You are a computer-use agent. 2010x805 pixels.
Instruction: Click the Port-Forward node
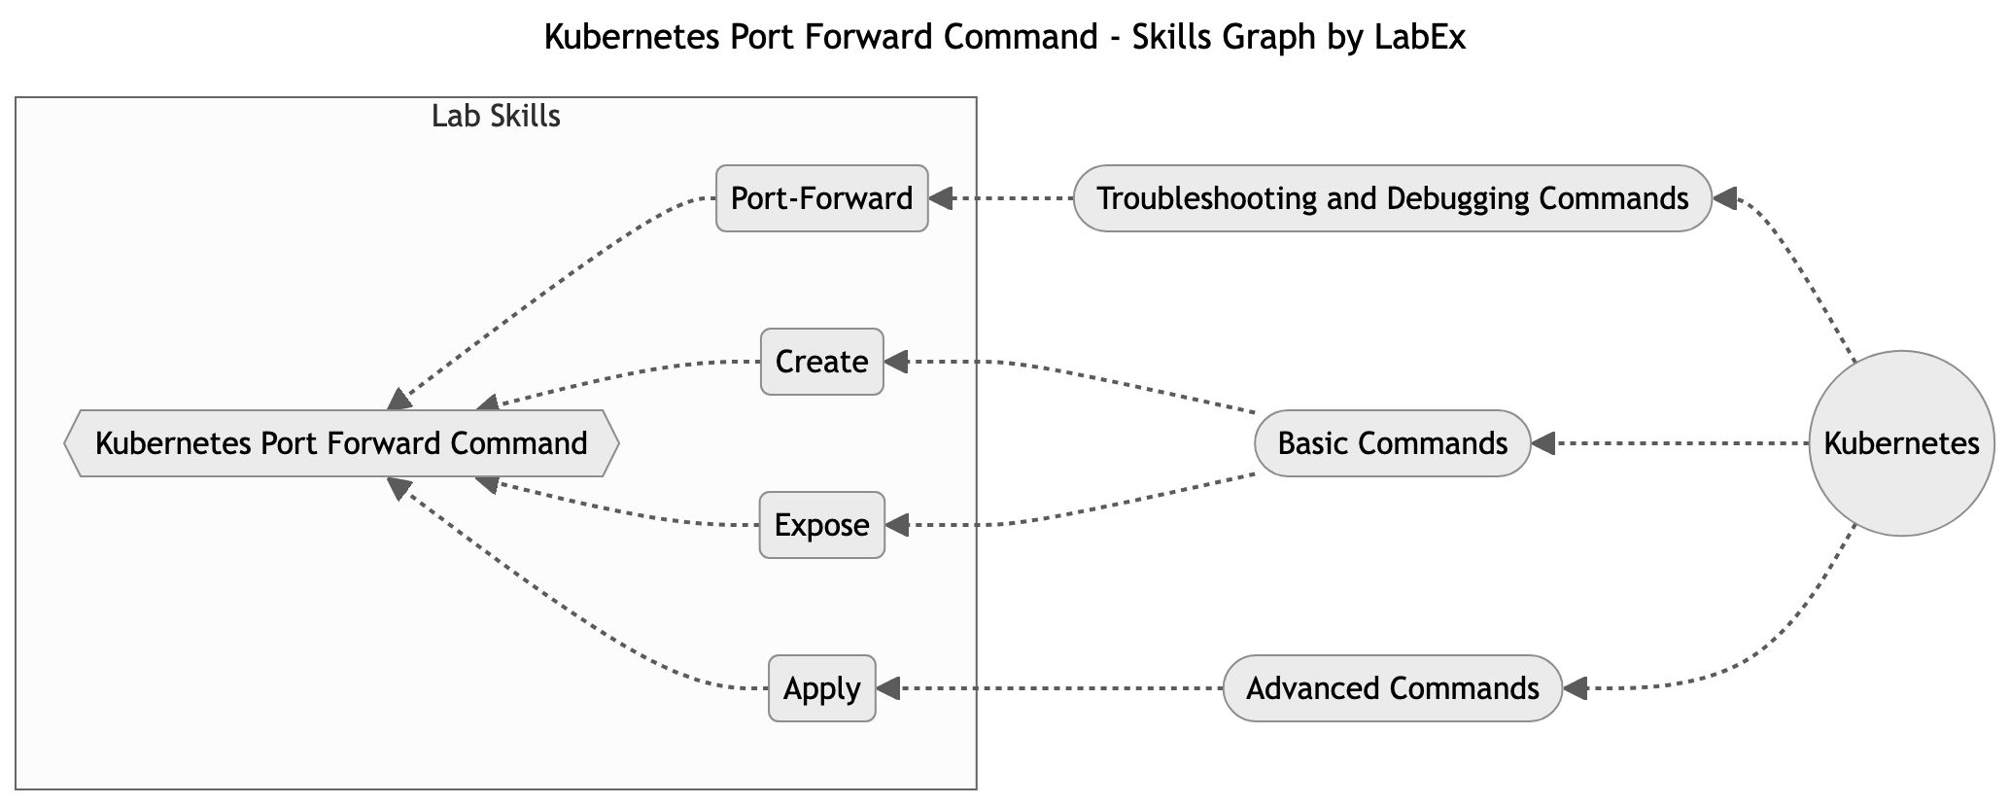click(821, 198)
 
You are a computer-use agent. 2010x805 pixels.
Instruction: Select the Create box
click(821, 362)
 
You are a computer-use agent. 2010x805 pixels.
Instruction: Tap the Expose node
click(821, 525)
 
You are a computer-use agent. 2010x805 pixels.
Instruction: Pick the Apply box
click(821, 688)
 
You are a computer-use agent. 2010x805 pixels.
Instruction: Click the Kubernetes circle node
click(1901, 443)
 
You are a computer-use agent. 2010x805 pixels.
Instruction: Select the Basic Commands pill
click(1392, 443)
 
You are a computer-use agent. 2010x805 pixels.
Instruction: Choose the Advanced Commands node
click(1392, 688)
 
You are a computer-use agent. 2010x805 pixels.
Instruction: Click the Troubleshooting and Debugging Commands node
click(1392, 198)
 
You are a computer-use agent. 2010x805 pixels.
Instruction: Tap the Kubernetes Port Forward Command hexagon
click(341, 443)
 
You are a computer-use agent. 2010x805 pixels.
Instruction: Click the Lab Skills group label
click(496, 117)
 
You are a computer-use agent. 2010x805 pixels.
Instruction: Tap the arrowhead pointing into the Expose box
click(897, 525)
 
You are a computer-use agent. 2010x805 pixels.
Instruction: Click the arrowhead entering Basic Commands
click(1543, 443)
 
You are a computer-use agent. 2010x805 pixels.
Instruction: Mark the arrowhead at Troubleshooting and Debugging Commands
click(1724, 199)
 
